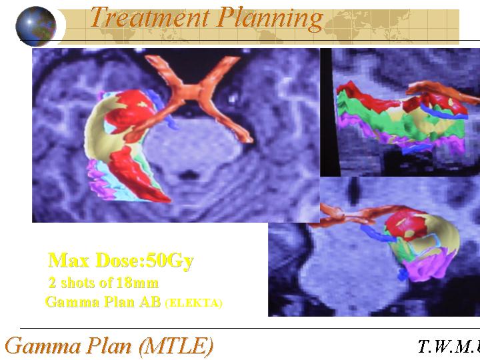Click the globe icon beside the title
(36, 26)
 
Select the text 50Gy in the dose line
(170, 261)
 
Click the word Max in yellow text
(69, 260)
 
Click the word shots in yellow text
(81, 283)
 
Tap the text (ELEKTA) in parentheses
(193, 303)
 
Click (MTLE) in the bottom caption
(176, 346)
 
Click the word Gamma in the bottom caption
(43, 345)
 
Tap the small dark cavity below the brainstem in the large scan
(188, 175)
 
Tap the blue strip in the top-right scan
(444, 113)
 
